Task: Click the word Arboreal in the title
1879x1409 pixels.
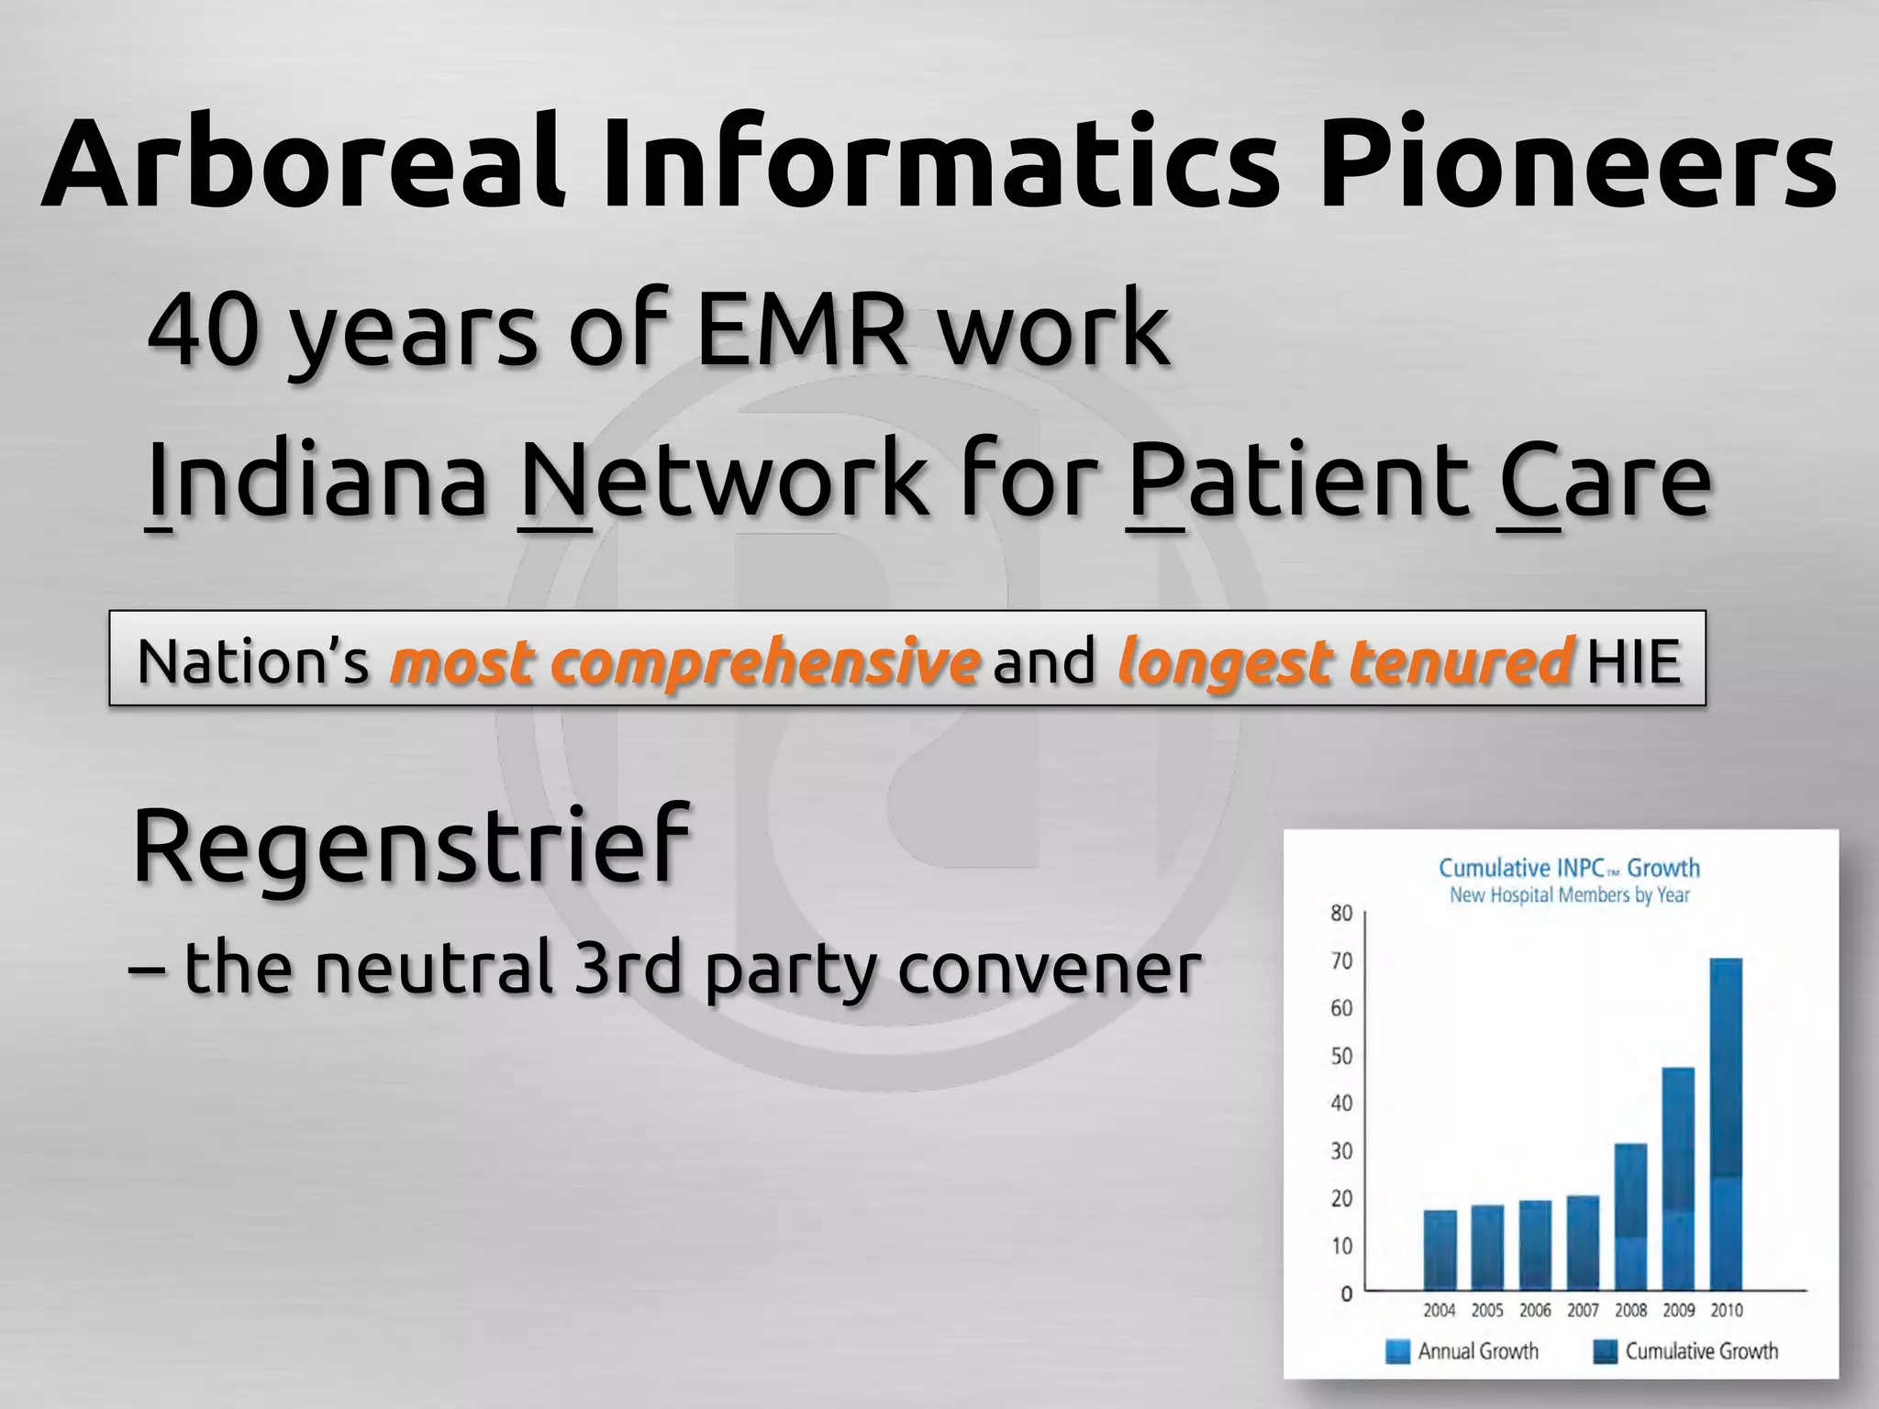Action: [x=303, y=163]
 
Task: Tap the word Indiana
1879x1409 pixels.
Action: [x=317, y=481]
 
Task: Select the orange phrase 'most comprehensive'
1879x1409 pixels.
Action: [x=684, y=661]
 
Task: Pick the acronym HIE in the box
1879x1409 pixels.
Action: [x=1634, y=661]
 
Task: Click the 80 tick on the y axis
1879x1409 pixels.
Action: [x=1340, y=913]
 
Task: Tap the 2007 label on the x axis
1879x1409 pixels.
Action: [x=1583, y=1311]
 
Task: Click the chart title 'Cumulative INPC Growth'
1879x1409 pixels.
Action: [x=1569, y=868]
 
